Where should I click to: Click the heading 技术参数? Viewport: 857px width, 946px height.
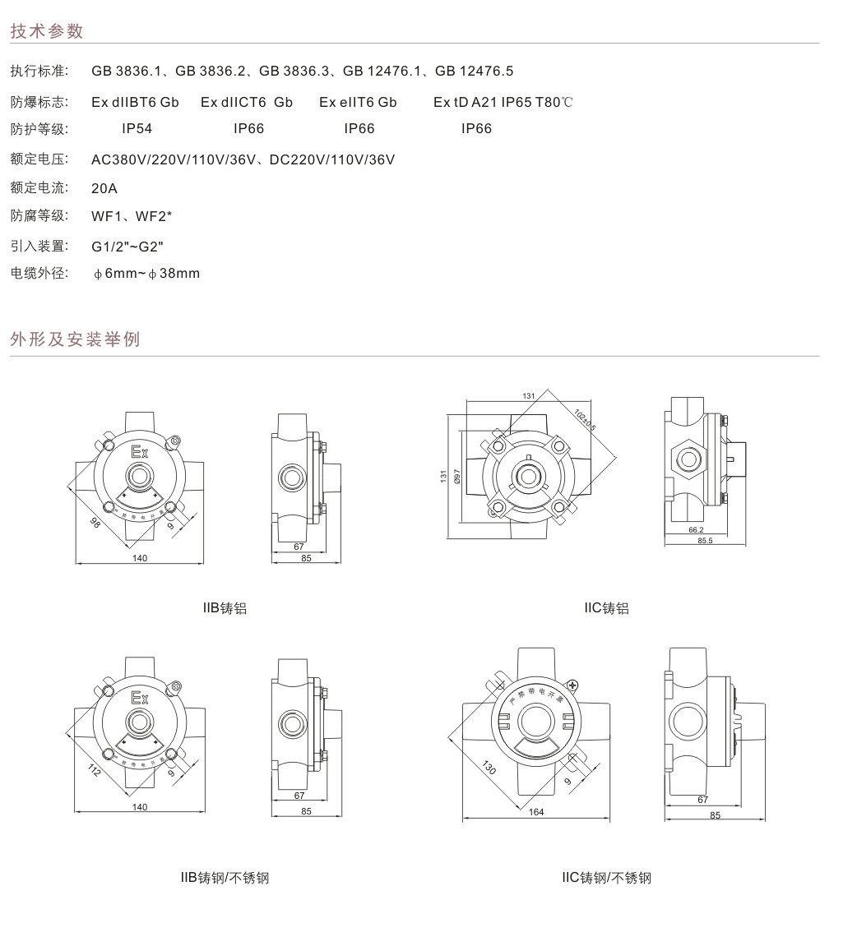pos(47,32)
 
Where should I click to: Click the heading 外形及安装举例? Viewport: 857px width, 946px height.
pos(75,339)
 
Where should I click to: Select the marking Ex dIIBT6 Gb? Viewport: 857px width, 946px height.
pos(135,103)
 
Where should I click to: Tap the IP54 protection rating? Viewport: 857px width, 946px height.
pos(137,129)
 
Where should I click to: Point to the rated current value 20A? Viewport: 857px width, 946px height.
pos(104,189)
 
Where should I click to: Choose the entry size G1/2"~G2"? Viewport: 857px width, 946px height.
pos(128,247)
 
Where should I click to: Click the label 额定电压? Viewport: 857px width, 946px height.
pos(39,159)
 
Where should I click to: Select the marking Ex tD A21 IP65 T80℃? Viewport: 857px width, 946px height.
pos(503,103)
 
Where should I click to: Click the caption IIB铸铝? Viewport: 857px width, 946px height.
pos(225,609)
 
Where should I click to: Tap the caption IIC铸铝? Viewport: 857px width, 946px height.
pos(606,609)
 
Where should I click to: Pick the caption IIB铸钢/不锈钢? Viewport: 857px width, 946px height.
pos(225,879)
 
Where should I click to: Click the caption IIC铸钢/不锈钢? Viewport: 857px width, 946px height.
pos(606,879)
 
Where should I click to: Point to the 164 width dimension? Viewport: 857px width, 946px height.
pos(536,813)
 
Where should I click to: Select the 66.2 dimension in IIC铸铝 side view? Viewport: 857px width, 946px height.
pos(695,531)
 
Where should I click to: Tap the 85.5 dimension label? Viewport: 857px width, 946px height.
pos(705,541)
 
